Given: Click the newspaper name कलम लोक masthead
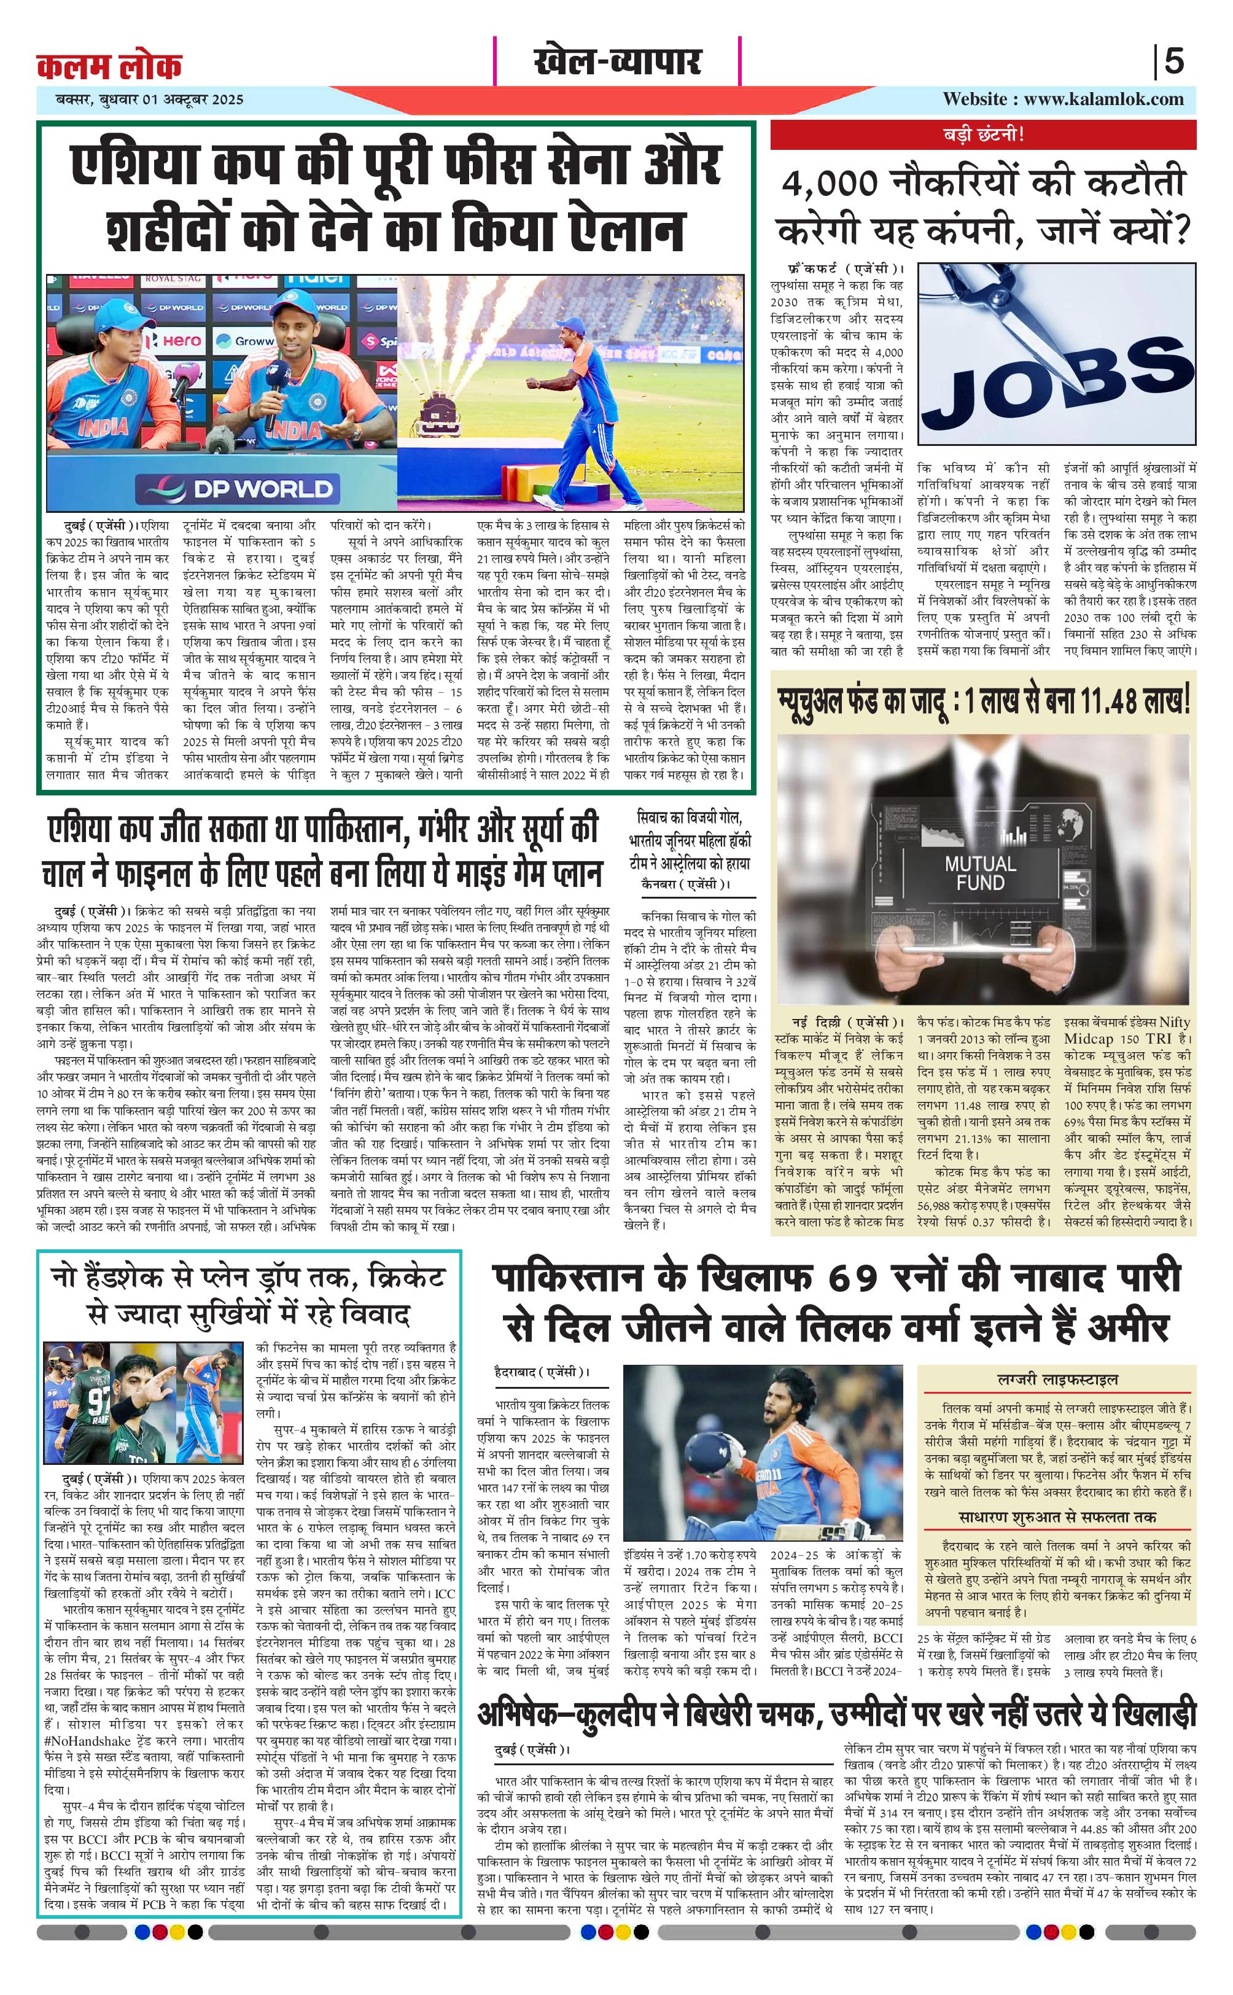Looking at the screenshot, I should pos(109,65).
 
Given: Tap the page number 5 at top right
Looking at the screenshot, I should pos(1173,62).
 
